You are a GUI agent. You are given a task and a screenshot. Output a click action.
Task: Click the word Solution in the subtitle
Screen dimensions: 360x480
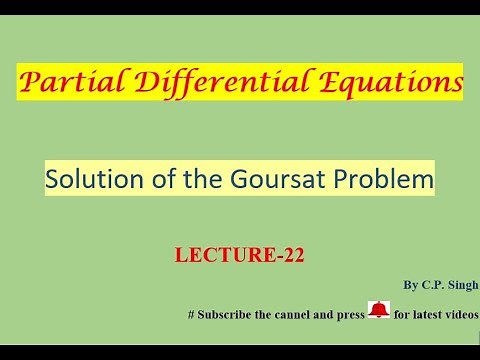(91, 181)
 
